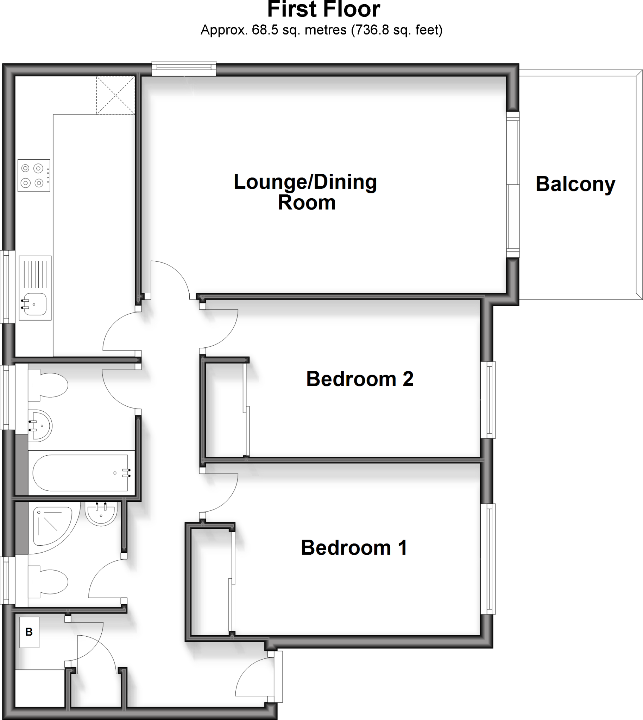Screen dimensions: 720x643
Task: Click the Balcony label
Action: point(575,184)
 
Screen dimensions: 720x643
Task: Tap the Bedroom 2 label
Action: point(359,379)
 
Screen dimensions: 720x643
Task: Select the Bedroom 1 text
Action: point(354,548)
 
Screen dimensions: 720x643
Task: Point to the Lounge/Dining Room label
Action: point(305,192)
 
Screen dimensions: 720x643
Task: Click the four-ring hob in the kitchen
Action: point(34,175)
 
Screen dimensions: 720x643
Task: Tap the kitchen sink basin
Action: point(34,304)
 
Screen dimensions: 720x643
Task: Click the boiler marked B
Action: point(29,632)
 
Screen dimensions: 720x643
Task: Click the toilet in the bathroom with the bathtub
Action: point(50,385)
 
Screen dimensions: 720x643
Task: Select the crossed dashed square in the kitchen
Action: point(116,95)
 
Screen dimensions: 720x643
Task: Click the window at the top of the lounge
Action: point(184,69)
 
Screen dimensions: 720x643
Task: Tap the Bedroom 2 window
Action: point(488,399)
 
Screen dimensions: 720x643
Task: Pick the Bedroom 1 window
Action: point(488,559)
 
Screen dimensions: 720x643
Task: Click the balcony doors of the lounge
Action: point(513,184)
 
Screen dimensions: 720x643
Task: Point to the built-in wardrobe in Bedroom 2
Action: point(226,410)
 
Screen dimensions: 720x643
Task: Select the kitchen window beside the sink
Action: point(7,287)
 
